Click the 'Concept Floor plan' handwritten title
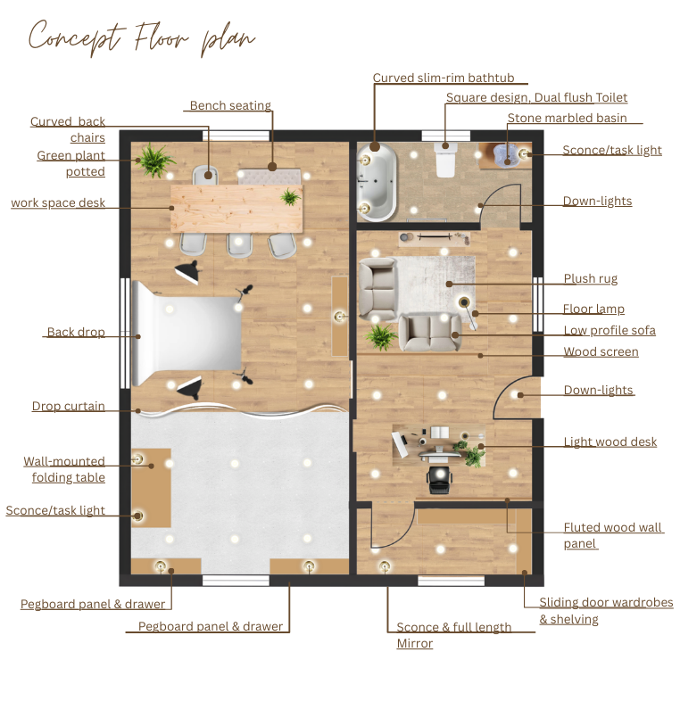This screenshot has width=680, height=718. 142,38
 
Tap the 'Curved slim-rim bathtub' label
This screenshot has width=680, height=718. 444,78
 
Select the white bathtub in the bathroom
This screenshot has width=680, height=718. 377,182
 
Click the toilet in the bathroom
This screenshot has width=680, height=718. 445,160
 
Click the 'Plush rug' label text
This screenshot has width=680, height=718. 591,278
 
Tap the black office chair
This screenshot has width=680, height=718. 440,480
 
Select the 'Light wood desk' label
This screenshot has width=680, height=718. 610,442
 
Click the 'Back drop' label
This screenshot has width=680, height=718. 76,332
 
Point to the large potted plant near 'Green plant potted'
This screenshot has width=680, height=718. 156,160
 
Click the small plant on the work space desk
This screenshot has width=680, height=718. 290,197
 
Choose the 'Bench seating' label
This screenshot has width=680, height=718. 230,105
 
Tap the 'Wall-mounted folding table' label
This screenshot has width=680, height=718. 64,469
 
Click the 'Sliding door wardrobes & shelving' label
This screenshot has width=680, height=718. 606,610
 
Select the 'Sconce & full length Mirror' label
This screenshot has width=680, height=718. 454,635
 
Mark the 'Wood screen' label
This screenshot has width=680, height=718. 601,351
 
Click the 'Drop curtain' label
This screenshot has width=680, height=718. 69,406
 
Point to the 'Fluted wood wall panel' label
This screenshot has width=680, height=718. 613,535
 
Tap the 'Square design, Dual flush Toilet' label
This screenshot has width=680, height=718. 536,97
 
